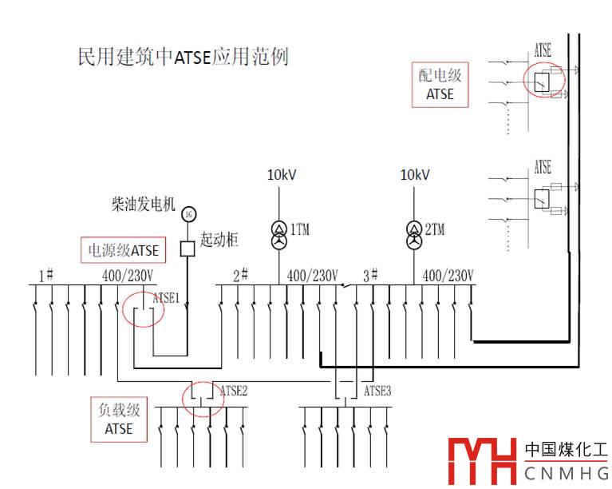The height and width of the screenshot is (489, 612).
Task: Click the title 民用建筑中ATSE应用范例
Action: [x=183, y=57]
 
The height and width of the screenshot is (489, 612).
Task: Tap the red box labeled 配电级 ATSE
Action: [x=440, y=85]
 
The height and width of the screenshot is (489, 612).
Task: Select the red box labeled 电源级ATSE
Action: [x=123, y=250]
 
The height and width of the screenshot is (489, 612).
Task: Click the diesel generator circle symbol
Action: [x=188, y=213]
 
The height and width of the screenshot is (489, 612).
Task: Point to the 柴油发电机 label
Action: [x=144, y=205]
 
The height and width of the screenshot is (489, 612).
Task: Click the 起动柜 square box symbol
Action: [x=188, y=248]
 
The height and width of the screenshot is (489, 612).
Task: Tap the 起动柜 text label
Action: [x=219, y=240]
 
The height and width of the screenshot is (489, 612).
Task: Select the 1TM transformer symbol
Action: [x=278, y=234]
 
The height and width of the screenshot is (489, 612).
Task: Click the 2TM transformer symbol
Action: [x=413, y=234]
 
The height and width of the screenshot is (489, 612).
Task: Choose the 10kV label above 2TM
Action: [x=415, y=175]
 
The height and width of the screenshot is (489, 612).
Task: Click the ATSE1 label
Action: [x=166, y=298]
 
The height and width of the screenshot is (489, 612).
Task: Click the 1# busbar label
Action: [x=45, y=276]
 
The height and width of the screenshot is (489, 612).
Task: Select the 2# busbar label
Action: [x=240, y=276]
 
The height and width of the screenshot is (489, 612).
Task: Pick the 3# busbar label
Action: [x=371, y=276]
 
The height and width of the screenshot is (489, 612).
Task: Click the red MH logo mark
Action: [x=481, y=461]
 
